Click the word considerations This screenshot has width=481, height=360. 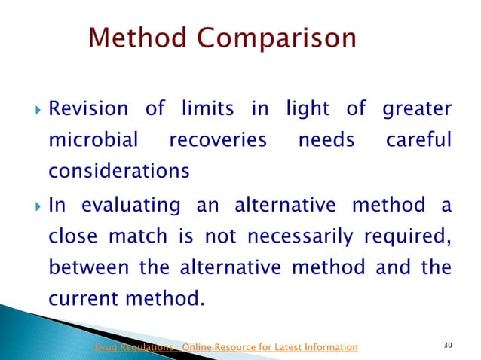[118, 172]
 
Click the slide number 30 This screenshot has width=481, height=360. [449, 346]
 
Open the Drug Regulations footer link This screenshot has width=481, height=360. [225, 346]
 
